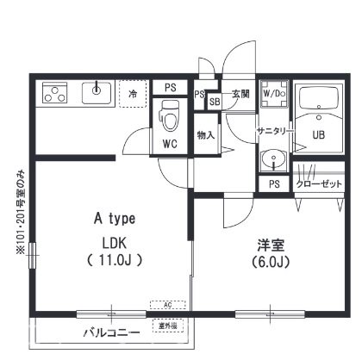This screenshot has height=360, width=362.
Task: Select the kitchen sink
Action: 96,91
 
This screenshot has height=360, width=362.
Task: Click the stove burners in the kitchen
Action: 54,91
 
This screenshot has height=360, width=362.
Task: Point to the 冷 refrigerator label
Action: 133,93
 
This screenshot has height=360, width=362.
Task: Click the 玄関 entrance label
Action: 240,93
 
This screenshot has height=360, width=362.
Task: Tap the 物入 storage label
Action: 205,135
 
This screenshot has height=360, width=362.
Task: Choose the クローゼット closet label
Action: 320,184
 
